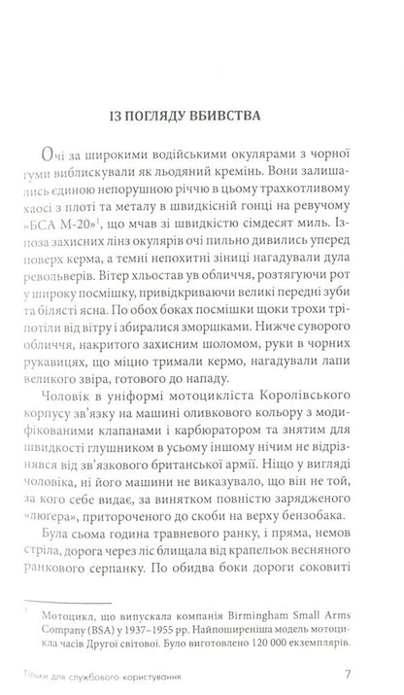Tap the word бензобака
[x=330, y=564]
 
